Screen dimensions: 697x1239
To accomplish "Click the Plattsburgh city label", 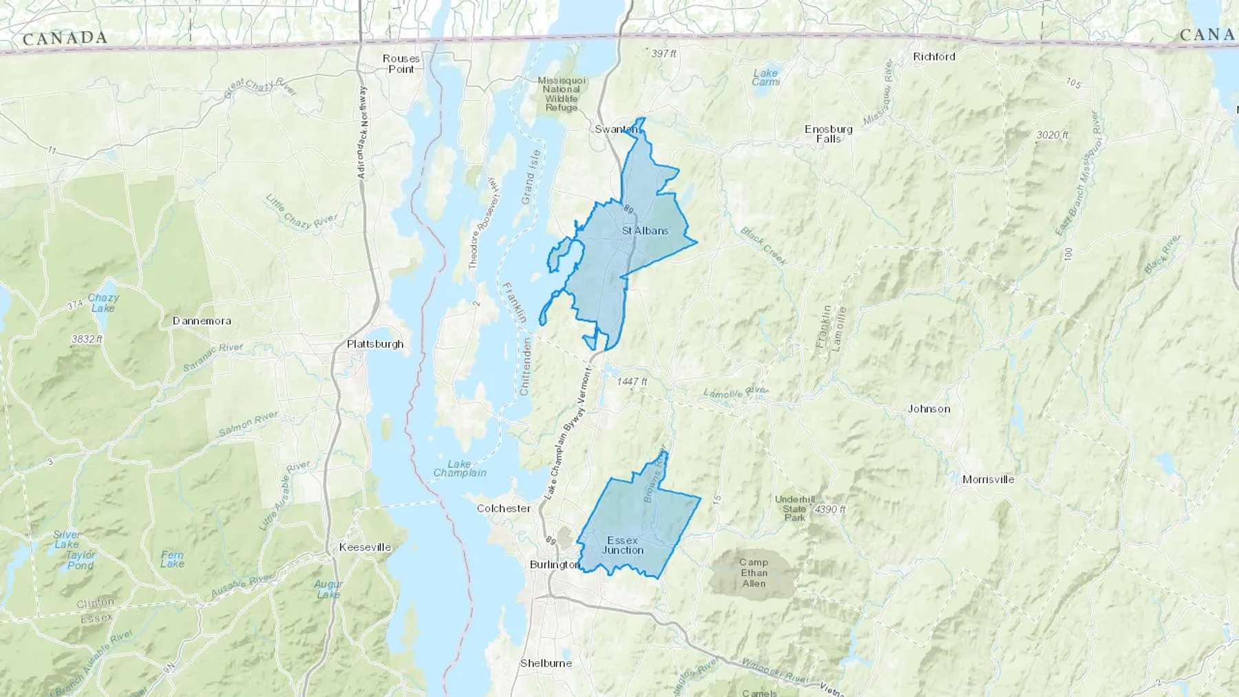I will pyautogui.click(x=375, y=344).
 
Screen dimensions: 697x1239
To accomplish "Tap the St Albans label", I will pyautogui.click(x=645, y=230).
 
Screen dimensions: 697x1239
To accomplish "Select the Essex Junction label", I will pyautogui.click(x=623, y=545).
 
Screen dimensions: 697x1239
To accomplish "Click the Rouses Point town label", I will pyautogui.click(x=401, y=64).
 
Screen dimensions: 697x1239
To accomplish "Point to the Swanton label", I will pyautogui.click(x=615, y=129).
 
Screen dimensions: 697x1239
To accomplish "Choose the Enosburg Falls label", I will pyautogui.click(x=829, y=133).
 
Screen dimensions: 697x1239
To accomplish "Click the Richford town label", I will pyautogui.click(x=934, y=56).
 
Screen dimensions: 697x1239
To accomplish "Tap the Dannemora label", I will pyautogui.click(x=202, y=321).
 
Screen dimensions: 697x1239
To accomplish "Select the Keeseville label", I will pyautogui.click(x=365, y=548).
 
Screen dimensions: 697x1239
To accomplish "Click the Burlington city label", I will pyautogui.click(x=555, y=564).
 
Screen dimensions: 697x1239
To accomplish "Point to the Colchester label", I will pyautogui.click(x=504, y=508).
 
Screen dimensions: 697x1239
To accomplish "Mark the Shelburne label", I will pyautogui.click(x=546, y=663).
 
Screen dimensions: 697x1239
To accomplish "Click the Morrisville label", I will pyautogui.click(x=988, y=480).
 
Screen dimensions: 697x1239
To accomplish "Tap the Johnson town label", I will pyautogui.click(x=929, y=409).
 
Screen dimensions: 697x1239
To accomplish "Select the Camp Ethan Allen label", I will pyautogui.click(x=754, y=572).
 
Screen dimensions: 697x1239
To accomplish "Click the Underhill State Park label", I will pyautogui.click(x=794, y=508).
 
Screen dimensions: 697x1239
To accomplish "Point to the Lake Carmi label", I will pyautogui.click(x=765, y=77).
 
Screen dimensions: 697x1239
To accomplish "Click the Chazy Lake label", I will pyautogui.click(x=103, y=303).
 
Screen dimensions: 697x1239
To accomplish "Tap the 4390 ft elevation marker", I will pyautogui.click(x=830, y=510).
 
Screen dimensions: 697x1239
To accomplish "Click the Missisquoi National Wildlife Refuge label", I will pyautogui.click(x=562, y=94).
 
